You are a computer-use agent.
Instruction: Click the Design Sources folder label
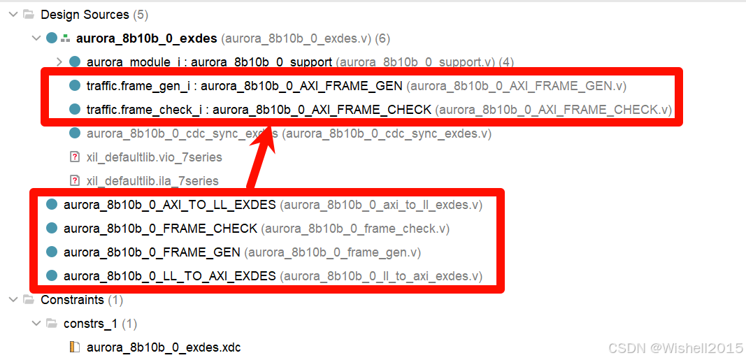85,15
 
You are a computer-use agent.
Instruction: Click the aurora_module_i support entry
209,62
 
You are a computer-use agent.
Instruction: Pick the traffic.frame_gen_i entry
244,86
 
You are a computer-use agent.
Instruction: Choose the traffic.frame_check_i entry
259,110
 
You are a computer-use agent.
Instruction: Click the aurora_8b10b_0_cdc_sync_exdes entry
182,134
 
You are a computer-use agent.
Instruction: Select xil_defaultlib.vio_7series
154,157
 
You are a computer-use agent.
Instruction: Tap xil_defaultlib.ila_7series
152,181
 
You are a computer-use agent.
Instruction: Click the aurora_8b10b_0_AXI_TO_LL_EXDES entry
170,205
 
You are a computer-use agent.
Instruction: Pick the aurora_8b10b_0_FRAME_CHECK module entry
160,229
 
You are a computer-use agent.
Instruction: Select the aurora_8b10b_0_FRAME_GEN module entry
152,252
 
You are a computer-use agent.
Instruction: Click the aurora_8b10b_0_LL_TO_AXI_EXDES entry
170,276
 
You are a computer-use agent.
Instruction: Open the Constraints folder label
72,300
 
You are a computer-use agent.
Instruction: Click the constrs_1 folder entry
91,324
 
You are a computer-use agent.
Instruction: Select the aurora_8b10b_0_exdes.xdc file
164,347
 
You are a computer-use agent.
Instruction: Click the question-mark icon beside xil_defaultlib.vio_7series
75,157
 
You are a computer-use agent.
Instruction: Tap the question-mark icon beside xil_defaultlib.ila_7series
75,181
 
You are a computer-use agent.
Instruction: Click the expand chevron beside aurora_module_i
59,62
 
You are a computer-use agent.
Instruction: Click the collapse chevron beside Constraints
13,300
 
